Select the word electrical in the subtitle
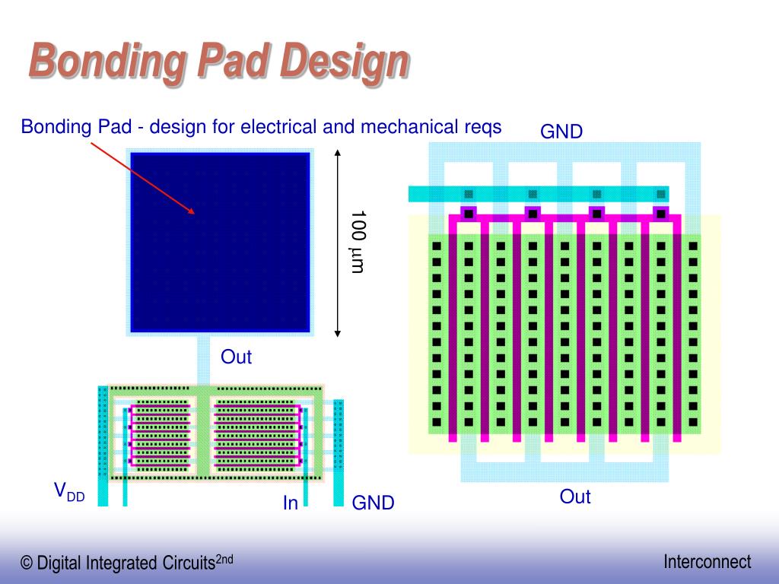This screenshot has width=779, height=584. coord(278,126)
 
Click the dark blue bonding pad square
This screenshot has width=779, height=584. coord(220,242)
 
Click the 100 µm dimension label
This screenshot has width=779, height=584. coord(358,242)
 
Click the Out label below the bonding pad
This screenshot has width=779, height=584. coord(236,357)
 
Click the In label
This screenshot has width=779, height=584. coord(291,503)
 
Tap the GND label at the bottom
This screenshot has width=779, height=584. coord(373,503)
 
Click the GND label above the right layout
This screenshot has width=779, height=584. coord(561,132)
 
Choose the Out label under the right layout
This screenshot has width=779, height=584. coord(575,497)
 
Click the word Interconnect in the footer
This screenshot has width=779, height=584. coord(707,562)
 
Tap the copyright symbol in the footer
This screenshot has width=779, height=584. coord(27,563)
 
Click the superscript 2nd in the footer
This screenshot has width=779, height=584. coord(224,559)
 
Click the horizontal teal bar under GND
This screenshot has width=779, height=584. coord(539,194)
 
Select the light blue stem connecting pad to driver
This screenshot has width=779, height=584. coord(203,361)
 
